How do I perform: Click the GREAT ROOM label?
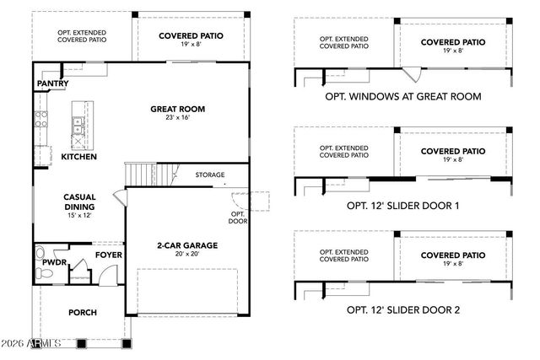point(177,109)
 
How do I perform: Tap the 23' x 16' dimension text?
point(177,119)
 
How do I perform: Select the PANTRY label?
point(52,84)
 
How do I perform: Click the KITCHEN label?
point(78,157)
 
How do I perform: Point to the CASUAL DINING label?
point(78,201)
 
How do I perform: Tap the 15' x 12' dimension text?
point(78,216)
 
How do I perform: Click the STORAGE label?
point(210,175)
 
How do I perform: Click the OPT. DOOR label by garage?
point(238,218)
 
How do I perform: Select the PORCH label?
point(82,312)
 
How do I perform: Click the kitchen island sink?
point(78,126)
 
